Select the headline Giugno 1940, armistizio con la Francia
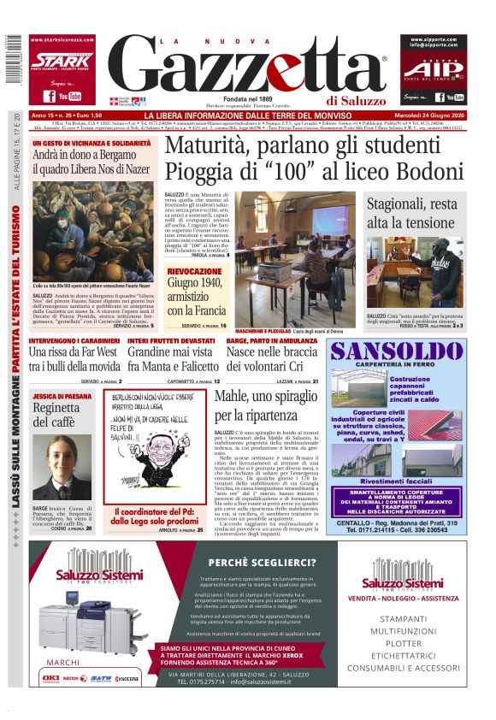[196, 297]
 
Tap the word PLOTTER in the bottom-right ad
[416, 643]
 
